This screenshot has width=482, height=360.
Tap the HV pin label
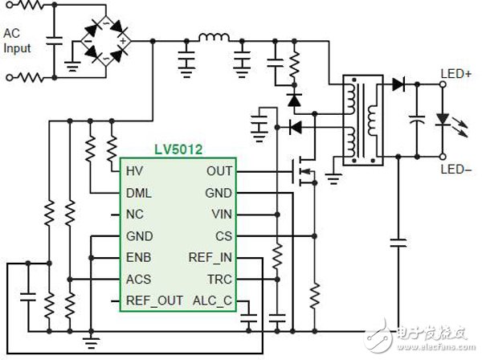[x=133, y=171]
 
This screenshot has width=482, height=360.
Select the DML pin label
[x=138, y=194]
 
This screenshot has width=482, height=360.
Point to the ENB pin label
[x=138, y=258]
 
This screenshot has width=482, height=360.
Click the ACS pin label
[x=138, y=280]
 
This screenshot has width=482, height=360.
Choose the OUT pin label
[x=219, y=171]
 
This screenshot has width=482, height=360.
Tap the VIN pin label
[x=221, y=215]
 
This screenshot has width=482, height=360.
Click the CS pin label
[x=223, y=236]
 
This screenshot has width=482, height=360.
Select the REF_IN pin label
[x=210, y=258]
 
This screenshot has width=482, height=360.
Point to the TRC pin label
[x=219, y=280]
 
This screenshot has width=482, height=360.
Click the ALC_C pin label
[x=211, y=301]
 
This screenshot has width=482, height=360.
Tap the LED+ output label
[x=455, y=75]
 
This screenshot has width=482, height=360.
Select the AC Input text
[x=17, y=41]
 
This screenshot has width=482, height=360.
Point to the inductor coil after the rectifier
[x=214, y=37]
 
